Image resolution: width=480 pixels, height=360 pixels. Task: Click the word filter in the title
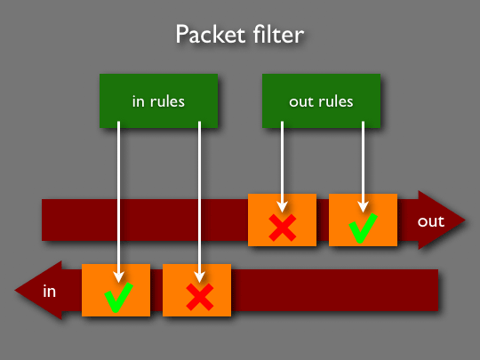coord(278,35)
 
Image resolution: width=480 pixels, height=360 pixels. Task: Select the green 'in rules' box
coord(158,100)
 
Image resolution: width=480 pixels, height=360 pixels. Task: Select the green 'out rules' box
coord(321,100)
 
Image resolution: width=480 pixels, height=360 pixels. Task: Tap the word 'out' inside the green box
coord(300,102)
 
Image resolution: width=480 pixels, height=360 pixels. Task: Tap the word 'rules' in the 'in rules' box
coord(167,101)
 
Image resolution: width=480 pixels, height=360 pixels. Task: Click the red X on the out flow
coord(283,228)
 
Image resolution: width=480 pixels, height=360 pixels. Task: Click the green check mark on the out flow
coord(363,228)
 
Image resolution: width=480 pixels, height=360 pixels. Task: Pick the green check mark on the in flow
coord(118,298)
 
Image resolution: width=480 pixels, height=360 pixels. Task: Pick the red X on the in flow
coord(200,297)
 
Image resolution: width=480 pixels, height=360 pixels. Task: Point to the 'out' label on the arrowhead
coord(431,221)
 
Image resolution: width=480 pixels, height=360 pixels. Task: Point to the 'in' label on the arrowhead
coord(49,291)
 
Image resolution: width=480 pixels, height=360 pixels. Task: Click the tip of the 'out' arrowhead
coord(465,220)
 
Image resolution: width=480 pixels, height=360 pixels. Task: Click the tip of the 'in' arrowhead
coord(15,290)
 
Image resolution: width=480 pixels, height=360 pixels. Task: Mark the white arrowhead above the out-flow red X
coord(283,207)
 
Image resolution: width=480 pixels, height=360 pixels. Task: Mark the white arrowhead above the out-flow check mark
coord(363,207)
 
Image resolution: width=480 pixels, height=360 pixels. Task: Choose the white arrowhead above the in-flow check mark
coord(119,277)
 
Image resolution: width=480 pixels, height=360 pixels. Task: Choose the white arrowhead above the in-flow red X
coord(200,277)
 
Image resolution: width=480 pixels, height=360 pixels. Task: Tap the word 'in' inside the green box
coord(138,101)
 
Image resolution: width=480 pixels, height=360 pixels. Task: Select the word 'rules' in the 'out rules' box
coord(336,101)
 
